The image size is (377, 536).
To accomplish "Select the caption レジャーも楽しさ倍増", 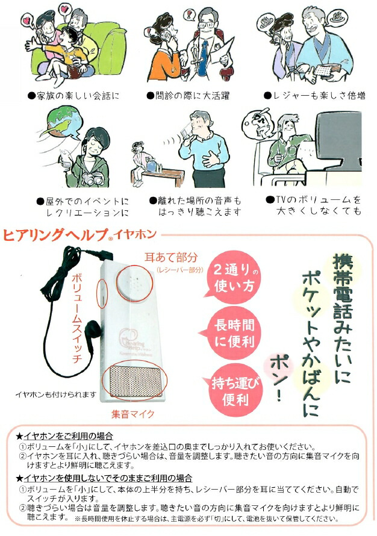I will pyautogui.click(x=314, y=95).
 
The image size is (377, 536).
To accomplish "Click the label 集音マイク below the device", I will pyautogui.click(x=132, y=414).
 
